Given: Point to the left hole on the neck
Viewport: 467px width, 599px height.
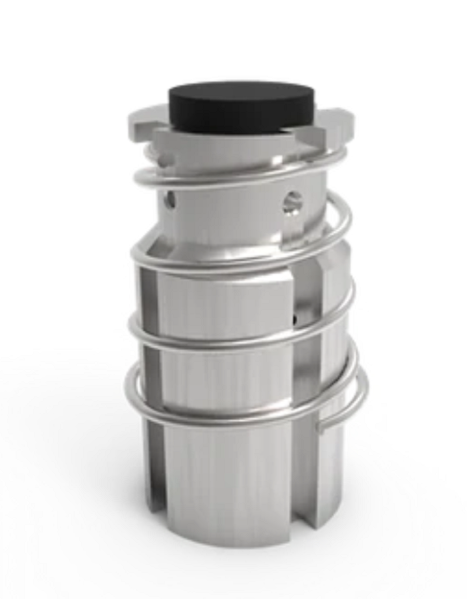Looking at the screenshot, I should pos(169,199).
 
